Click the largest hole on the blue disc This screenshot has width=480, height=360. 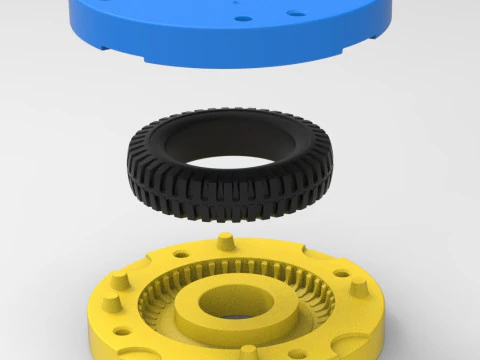click(296, 13)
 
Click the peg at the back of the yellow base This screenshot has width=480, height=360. click(225, 240)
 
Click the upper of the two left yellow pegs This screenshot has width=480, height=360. click(120, 281)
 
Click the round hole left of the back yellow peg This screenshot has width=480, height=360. click(181, 253)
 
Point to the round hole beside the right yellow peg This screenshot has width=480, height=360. click(341, 273)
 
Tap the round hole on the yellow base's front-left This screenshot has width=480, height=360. click(122, 331)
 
